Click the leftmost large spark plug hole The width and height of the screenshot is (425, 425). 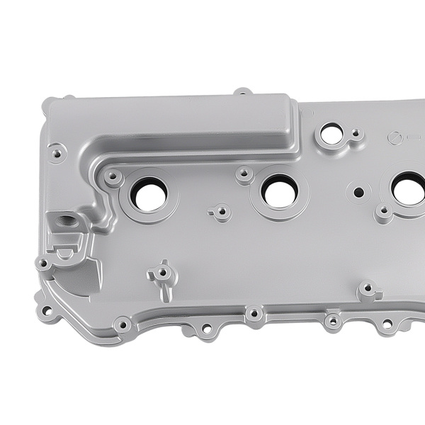coord(149,194)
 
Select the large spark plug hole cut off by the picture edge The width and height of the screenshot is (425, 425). coord(410,190)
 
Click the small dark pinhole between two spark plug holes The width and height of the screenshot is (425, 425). coord(358,192)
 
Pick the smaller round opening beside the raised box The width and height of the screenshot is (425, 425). coord(331,133)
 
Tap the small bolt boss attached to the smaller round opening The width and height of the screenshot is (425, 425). coord(356,134)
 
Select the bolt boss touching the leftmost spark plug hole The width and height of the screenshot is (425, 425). coord(112,176)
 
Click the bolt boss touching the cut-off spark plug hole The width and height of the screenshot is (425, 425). coord(383,211)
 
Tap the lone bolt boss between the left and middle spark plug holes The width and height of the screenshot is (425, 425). coord(221,211)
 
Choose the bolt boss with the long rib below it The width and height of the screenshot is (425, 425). coord(162,273)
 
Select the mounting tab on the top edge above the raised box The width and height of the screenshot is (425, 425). coord(242,92)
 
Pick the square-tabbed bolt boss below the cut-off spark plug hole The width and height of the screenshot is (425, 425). coord(368,290)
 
